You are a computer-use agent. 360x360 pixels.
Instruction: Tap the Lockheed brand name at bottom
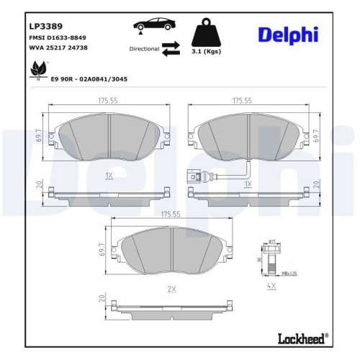click(x=302, y=337)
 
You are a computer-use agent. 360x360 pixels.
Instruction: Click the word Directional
click(x=144, y=49)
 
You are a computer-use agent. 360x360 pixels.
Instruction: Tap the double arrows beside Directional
click(x=171, y=48)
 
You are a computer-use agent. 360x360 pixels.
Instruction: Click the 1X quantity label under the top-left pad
click(x=109, y=175)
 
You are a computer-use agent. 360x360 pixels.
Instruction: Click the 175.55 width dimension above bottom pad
click(x=171, y=215)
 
